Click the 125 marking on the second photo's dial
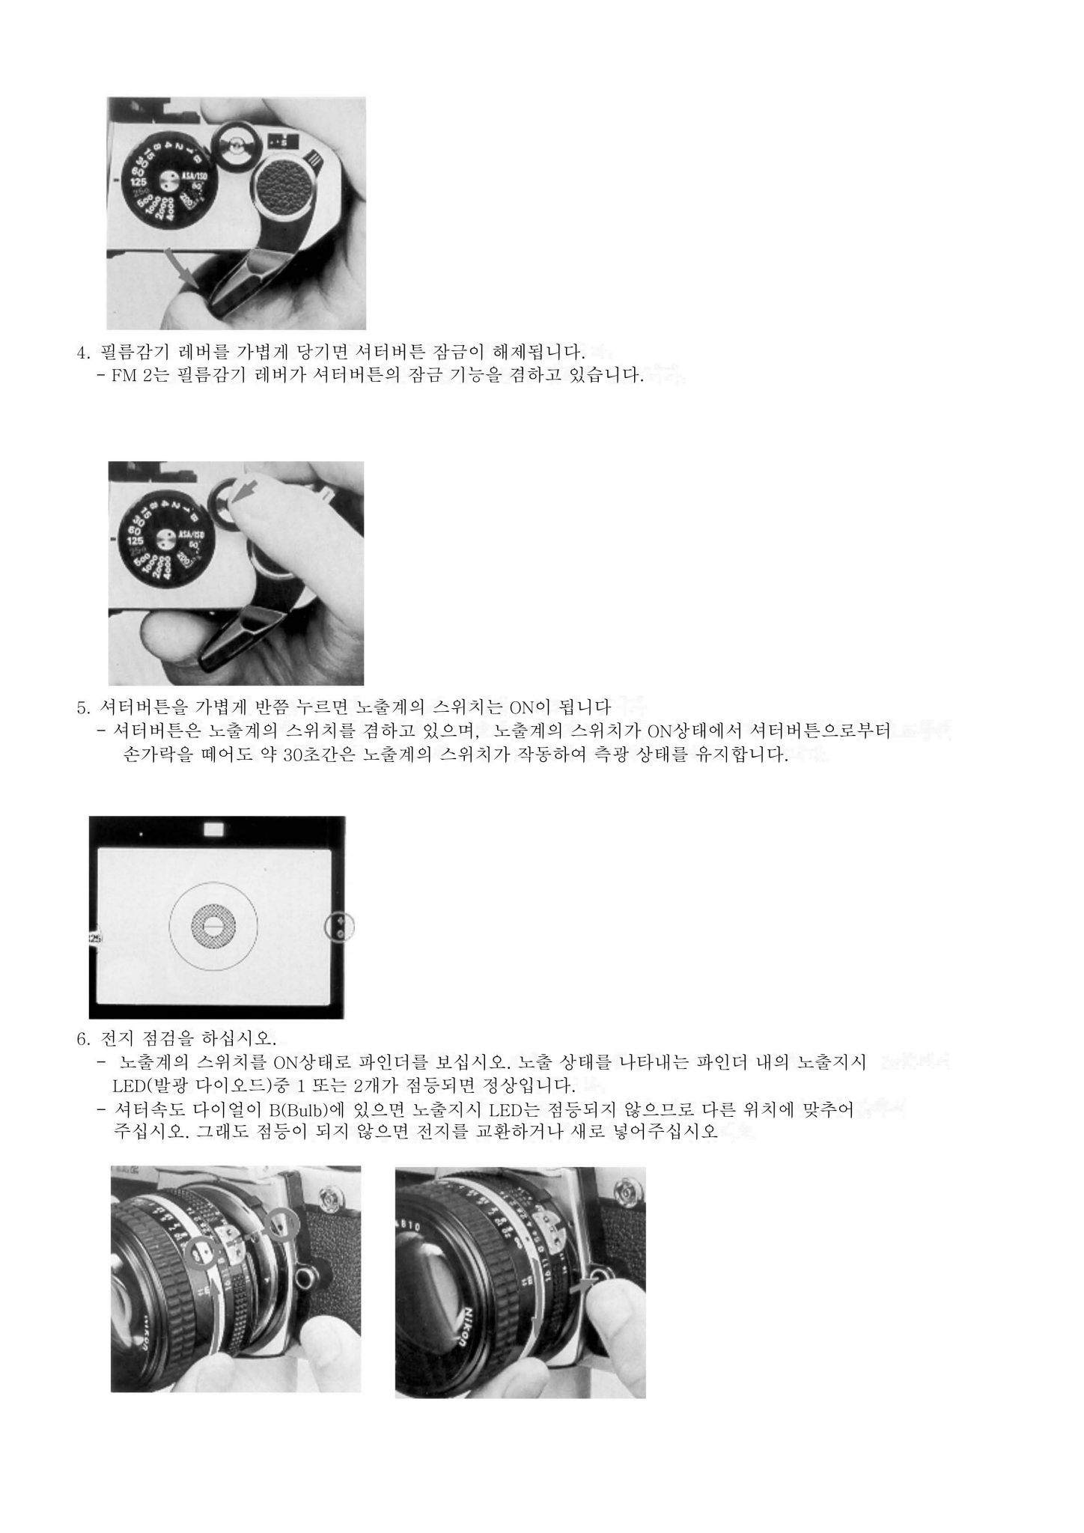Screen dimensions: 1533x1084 pyautogui.click(x=135, y=541)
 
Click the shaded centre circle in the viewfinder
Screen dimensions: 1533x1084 pyautogui.click(x=213, y=927)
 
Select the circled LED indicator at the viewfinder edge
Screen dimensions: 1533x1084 pyautogui.click(x=341, y=927)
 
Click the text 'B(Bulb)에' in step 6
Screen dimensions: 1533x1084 pyautogui.click(x=300, y=1109)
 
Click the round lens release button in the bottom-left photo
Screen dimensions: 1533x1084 pyautogui.click(x=305, y=1271)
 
